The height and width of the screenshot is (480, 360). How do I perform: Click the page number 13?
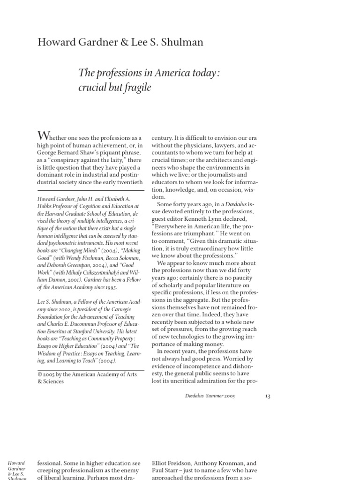268,396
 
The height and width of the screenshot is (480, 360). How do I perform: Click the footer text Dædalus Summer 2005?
210,396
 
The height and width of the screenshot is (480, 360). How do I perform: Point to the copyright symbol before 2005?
40,374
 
